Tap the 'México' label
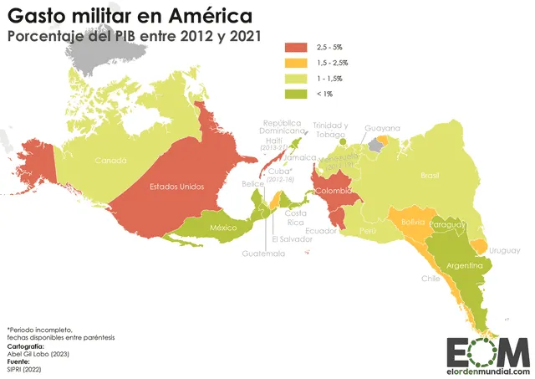(x=224, y=228)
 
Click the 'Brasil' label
(x=430, y=175)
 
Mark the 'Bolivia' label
(x=412, y=222)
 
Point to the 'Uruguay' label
(x=504, y=250)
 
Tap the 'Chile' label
(x=431, y=279)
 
